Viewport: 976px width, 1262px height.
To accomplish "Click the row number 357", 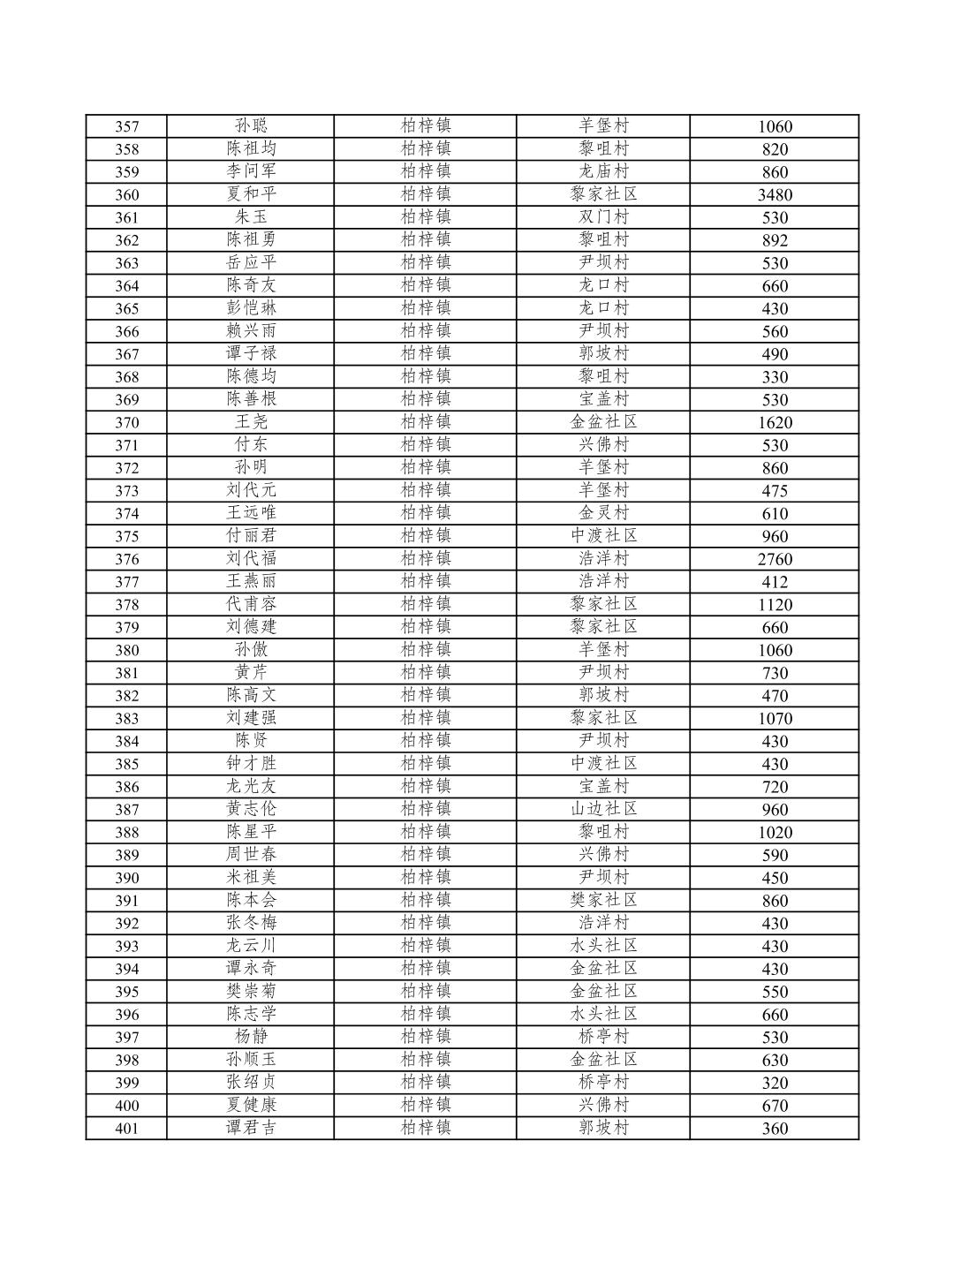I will point(126,126).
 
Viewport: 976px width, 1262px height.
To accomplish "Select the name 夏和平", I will point(251,194).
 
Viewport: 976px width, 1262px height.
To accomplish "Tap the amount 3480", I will point(775,195).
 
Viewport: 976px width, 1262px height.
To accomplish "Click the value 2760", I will point(775,559).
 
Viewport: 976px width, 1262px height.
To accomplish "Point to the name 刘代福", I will point(251,558).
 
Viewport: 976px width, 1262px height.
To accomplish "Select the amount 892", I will point(775,240).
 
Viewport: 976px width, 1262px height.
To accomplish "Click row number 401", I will point(126,1129).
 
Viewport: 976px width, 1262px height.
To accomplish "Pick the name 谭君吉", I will point(251,1128).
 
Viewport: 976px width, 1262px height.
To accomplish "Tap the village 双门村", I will point(603,217).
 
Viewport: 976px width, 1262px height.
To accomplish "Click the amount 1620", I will point(775,422).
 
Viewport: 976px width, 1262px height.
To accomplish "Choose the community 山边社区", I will point(603,809).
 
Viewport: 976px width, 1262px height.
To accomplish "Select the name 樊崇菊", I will point(251,991).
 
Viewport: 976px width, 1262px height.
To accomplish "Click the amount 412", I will point(775,582).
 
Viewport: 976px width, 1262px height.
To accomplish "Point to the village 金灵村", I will point(603,513).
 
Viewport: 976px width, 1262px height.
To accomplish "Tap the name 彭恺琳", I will point(251,308).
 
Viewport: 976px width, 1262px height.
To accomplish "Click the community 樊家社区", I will point(603,900).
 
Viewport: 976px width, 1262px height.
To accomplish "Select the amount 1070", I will point(775,719).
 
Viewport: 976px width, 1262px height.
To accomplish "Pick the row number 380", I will point(126,651).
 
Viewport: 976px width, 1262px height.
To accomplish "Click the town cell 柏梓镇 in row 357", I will point(426,126).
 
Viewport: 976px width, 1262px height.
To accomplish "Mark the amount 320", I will point(775,1083).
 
